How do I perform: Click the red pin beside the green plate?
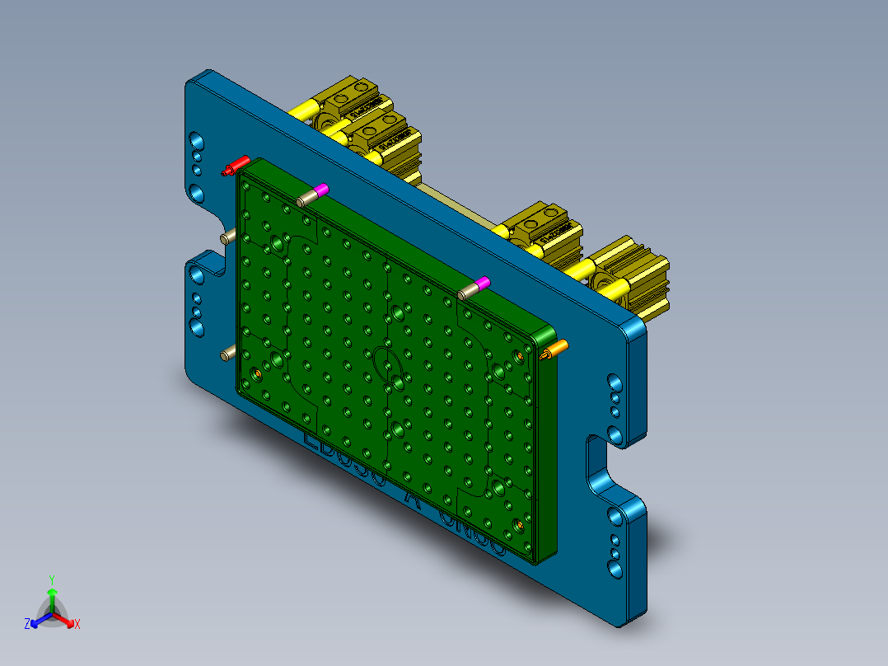[x=236, y=165]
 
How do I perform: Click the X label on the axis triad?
[x=77, y=625]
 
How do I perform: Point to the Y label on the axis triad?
[x=52, y=579]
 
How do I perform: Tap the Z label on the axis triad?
[x=27, y=625]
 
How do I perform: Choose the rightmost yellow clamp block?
[x=634, y=276]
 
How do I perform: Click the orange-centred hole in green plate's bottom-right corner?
[x=520, y=524]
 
